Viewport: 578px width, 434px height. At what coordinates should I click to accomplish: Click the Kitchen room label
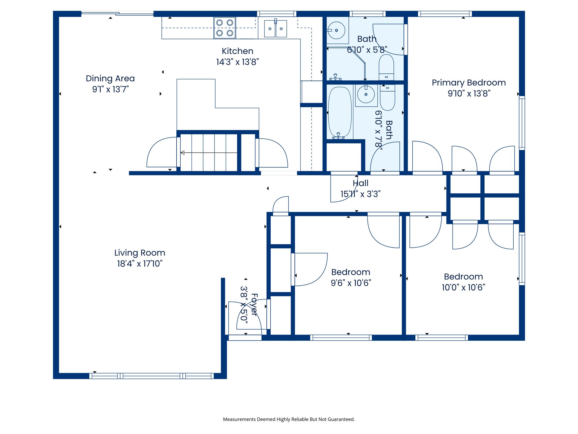(237, 51)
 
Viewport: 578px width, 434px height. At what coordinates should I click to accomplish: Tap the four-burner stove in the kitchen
(225, 28)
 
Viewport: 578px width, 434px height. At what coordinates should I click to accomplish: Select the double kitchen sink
(275, 29)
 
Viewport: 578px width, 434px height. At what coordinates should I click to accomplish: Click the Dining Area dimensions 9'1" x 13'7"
(110, 89)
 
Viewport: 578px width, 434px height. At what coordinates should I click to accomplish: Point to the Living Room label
(140, 253)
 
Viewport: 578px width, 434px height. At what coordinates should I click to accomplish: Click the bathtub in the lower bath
(340, 112)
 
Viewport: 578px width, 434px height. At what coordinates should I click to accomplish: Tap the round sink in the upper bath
(336, 30)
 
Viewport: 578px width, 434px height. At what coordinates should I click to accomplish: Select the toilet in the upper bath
(386, 67)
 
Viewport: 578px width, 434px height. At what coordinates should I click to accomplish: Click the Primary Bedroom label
(468, 83)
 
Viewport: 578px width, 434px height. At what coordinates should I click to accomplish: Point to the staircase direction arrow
(209, 153)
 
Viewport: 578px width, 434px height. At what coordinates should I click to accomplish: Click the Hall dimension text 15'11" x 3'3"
(360, 194)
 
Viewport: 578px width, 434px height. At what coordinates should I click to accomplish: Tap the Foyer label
(254, 305)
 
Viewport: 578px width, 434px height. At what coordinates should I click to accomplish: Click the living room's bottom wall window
(152, 376)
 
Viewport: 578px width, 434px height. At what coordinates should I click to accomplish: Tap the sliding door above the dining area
(117, 13)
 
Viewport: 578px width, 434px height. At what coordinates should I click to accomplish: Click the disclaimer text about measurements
(289, 419)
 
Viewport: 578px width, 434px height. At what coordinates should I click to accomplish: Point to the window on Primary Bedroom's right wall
(522, 123)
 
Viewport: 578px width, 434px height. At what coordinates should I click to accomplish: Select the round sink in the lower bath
(366, 94)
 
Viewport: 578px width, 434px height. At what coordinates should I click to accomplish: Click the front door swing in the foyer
(248, 316)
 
